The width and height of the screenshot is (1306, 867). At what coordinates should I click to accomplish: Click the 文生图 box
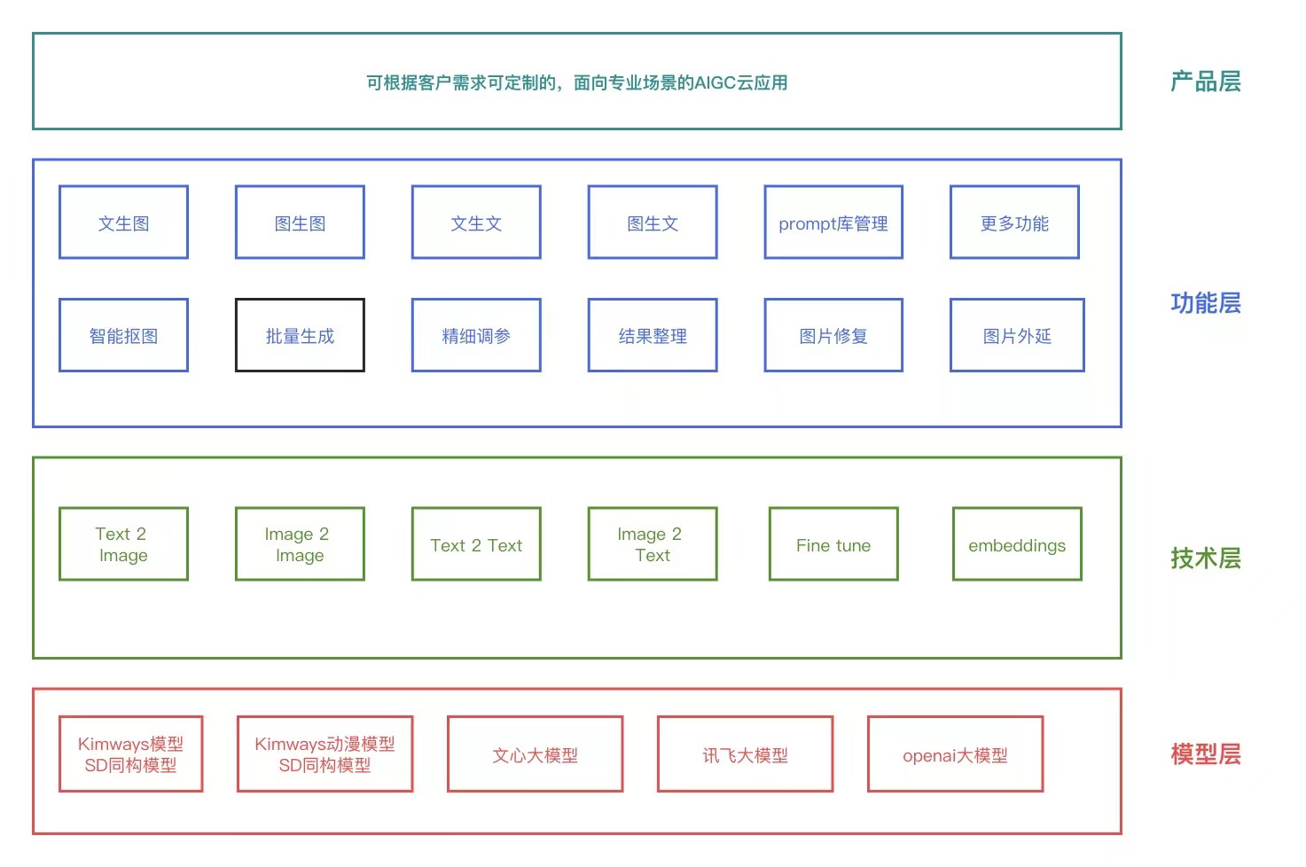[x=123, y=223]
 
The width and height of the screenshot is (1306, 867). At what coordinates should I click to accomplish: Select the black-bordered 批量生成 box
[x=300, y=335]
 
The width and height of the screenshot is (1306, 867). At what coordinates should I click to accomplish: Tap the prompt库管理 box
[x=833, y=223]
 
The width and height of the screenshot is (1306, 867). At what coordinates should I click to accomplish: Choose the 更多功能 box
[x=1014, y=223]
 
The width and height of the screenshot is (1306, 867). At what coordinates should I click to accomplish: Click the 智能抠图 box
[x=123, y=335]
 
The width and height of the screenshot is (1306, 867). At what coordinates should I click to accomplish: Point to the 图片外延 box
[x=1017, y=335]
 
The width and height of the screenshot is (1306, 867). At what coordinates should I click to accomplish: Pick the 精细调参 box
[x=476, y=335]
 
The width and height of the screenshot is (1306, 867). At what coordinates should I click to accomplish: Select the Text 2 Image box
[x=123, y=544]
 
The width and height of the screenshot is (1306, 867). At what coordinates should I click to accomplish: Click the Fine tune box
[x=833, y=544]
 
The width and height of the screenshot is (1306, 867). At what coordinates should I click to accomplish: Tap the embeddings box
[x=1017, y=544]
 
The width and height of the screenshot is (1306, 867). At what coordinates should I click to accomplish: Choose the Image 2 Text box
[x=653, y=544]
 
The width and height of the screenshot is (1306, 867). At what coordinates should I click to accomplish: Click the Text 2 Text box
[x=476, y=544]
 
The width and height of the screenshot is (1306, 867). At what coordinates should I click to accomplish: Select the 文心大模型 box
[x=535, y=754]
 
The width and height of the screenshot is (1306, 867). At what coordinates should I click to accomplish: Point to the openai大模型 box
[x=955, y=754]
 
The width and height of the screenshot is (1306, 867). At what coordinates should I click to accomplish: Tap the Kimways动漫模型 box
[x=325, y=754]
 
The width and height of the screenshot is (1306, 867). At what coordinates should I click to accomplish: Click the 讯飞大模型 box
[x=745, y=754]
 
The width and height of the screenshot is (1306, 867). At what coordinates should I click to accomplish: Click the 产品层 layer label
[x=1205, y=82]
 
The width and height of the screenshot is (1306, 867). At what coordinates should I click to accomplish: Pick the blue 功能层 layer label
[x=1205, y=303]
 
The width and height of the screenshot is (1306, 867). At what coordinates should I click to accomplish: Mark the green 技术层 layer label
[x=1205, y=558]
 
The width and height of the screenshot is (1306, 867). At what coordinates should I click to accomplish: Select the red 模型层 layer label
[x=1205, y=754]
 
